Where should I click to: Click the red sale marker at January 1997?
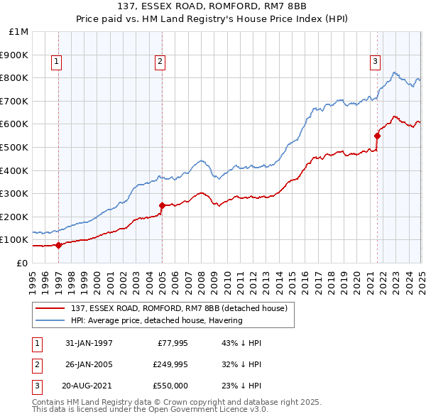click(x=58, y=245)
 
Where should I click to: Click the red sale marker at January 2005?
click(x=162, y=205)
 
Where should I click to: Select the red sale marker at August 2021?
click(x=377, y=136)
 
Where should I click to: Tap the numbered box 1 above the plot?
click(x=56, y=62)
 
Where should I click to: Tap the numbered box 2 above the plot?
click(x=160, y=62)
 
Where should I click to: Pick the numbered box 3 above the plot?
click(x=375, y=62)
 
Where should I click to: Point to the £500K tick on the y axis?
click(x=16, y=147)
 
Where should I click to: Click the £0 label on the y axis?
click(x=22, y=263)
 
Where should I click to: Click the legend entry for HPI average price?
click(x=157, y=320)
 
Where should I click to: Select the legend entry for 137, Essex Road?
click(x=177, y=308)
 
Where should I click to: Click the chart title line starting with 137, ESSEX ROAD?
click(x=213, y=7)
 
